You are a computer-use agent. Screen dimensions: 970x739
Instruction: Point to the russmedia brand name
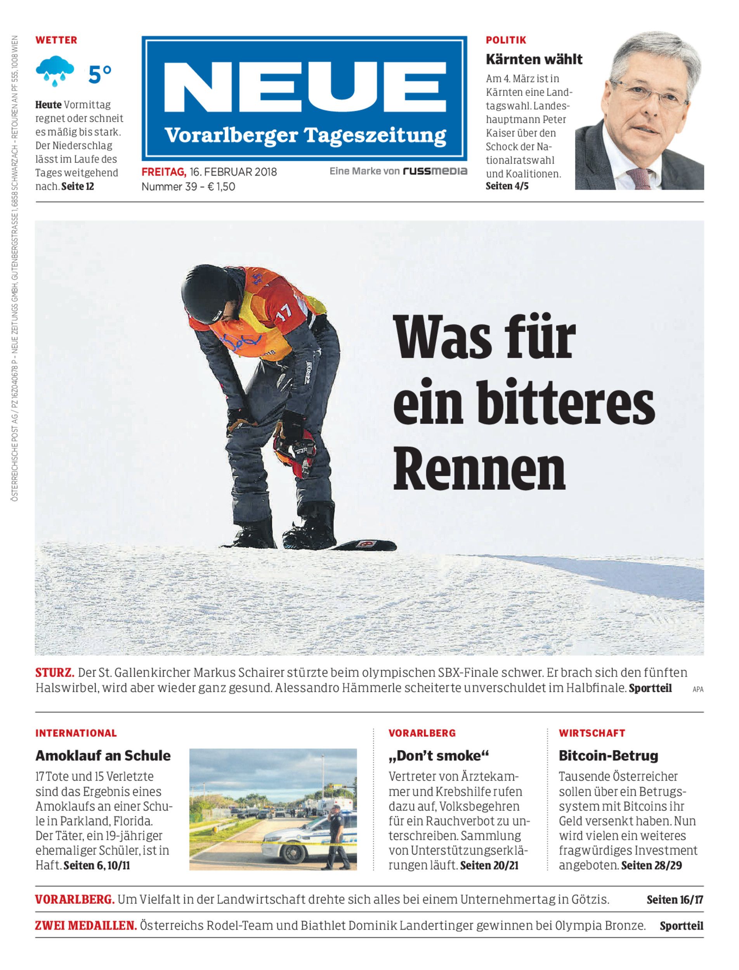coord(435,171)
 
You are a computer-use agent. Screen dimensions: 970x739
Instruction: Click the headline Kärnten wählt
coord(534,59)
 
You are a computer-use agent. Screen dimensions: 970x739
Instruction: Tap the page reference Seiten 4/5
coord(507,186)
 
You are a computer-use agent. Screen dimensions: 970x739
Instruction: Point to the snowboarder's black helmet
coord(207,291)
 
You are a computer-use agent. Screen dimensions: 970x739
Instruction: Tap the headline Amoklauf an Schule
coord(103,755)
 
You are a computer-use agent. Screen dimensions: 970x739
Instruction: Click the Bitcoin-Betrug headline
coord(608,755)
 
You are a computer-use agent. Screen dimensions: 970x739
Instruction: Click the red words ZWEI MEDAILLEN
coord(86,926)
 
